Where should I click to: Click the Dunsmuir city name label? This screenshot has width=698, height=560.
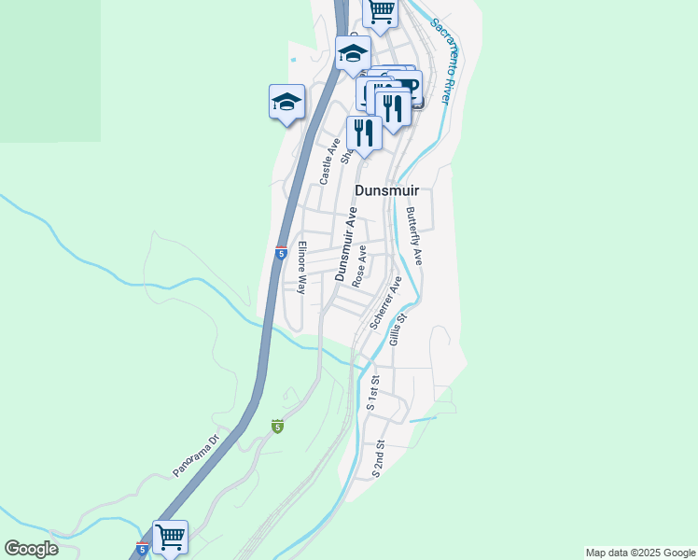click(387, 190)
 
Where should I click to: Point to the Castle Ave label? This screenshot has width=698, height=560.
click(328, 161)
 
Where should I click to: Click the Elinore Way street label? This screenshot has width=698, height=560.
click(301, 269)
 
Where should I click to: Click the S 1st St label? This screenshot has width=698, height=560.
click(373, 393)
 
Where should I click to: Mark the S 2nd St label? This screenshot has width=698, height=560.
click(379, 460)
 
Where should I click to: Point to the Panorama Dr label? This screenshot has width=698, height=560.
click(195, 455)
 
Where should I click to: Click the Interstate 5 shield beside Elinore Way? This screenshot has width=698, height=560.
click(281, 253)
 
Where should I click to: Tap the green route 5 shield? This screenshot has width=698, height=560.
click(277, 426)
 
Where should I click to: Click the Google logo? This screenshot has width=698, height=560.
click(31, 549)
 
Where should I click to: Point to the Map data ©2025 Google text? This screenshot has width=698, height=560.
click(640, 553)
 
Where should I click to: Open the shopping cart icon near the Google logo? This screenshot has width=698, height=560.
click(170, 537)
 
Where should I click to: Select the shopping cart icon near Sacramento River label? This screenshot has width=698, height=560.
click(380, 11)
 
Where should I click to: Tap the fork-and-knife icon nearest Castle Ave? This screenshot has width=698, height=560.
click(364, 133)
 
